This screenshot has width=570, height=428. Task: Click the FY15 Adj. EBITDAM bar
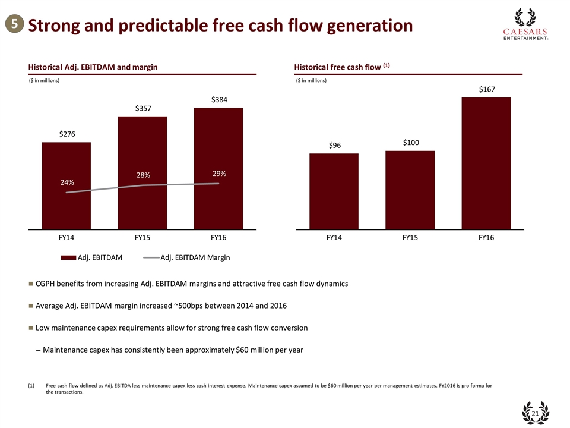click(x=142, y=149)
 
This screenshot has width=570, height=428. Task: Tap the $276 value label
click(x=66, y=135)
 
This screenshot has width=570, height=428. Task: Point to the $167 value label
click(x=486, y=89)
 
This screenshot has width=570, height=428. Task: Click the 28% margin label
click(x=143, y=175)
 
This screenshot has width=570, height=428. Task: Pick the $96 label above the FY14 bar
click(x=334, y=146)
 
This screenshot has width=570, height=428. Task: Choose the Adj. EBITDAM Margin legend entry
click(x=195, y=257)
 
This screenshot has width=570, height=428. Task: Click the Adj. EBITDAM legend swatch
click(x=68, y=257)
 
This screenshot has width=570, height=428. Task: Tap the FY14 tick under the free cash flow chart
click(x=334, y=238)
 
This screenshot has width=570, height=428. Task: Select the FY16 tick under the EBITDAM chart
click(x=218, y=238)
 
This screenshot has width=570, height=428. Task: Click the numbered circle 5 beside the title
click(x=14, y=24)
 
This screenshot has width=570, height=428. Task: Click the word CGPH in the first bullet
click(x=47, y=284)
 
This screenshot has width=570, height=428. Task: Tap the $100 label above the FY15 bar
click(x=410, y=143)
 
